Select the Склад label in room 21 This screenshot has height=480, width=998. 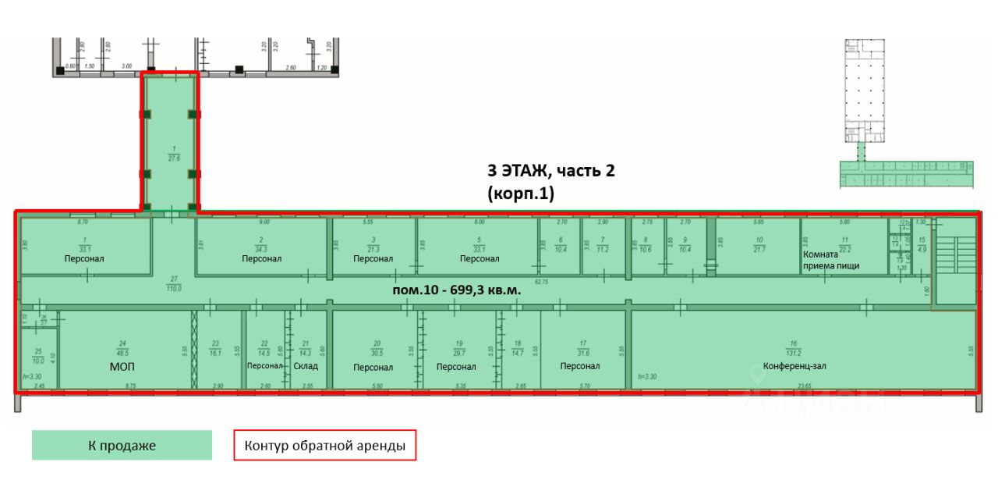[305, 365]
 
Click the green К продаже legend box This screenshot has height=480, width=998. [122, 446]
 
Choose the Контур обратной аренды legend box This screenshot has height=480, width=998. [324, 446]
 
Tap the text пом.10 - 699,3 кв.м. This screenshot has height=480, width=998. [456, 289]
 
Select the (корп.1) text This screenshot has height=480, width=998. [521, 194]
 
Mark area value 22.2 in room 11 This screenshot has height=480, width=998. [844, 248]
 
